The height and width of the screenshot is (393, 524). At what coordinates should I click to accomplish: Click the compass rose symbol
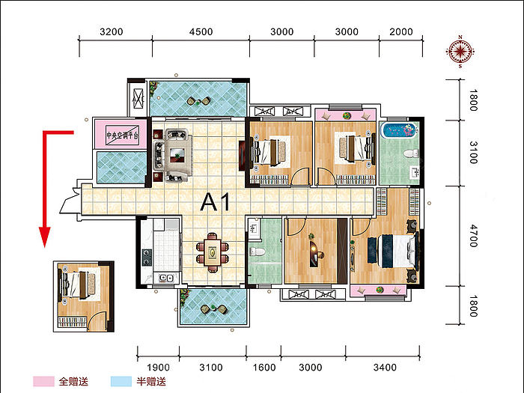point(460,52)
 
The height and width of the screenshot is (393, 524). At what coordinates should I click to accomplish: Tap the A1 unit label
point(216,202)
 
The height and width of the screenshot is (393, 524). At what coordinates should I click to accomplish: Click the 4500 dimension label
point(201,31)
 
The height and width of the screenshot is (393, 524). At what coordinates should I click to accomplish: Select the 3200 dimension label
point(112,31)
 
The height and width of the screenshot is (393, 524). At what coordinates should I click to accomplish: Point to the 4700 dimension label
point(474,236)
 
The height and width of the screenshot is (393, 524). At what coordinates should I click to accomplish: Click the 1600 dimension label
point(264,368)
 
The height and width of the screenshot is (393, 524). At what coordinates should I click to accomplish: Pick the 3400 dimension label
point(385,368)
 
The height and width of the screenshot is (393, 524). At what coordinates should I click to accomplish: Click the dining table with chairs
point(213,253)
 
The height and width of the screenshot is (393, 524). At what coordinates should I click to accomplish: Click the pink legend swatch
point(43,381)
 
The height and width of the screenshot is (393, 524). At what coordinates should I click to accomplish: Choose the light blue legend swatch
point(121,381)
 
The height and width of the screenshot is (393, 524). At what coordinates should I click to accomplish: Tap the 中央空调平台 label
point(122,135)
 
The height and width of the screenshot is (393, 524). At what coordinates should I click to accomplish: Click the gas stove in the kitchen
point(147,258)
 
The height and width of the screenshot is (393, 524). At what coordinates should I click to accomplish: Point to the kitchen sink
point(166,278)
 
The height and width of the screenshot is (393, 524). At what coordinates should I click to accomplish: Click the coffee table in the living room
point(177,156)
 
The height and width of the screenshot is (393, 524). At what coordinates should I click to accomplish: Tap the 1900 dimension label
point(159,368)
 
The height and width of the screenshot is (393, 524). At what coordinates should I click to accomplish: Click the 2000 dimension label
point(401,31)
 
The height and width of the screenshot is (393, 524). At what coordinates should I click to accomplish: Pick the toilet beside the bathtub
point(411,154)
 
